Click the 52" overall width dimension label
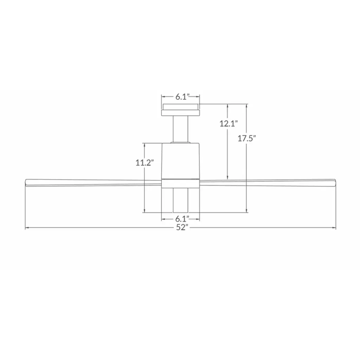[x=182, y=227]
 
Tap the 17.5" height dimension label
[x=246, y=139]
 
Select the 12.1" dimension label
[x=229, y=124]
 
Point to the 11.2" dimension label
[x=144, y=163]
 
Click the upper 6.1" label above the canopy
[x=182, y=97]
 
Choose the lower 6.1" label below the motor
[x=182, y=218]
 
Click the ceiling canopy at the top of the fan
[x=180, y=110]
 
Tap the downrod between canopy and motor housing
[x=180, y=129]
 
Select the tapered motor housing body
[x=180, y=160]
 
